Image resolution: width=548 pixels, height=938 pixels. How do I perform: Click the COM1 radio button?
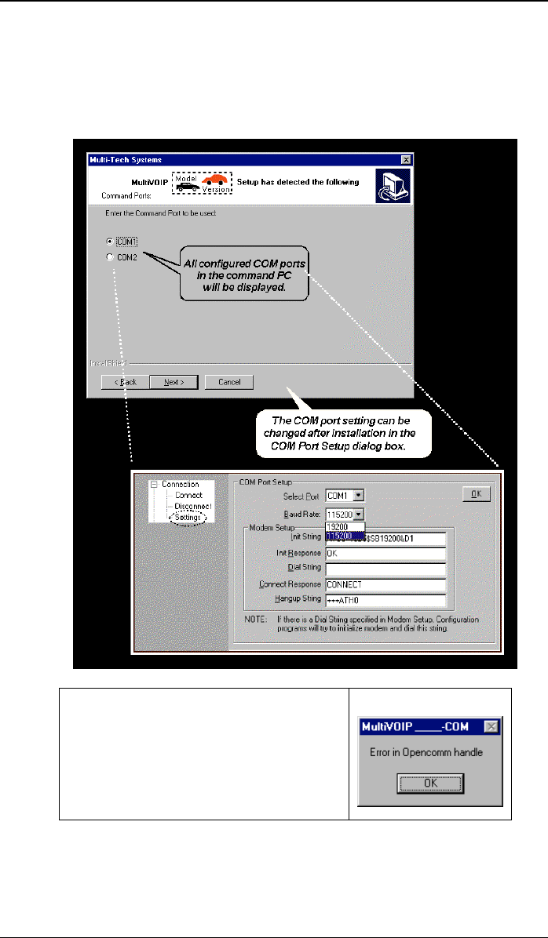pos(110,241)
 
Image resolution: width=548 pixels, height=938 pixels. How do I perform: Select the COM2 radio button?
pos(110,256)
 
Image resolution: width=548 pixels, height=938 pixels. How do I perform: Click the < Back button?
pos(125,382)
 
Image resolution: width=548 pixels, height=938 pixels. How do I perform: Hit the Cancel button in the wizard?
pos(228,382)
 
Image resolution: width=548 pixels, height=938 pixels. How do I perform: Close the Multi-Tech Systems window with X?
pos(405,159)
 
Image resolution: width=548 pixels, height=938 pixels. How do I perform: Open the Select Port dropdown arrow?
pos(358,496)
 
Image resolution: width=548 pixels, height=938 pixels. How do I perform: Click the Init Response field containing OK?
pos(385,553)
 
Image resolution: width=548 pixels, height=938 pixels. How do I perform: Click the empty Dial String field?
pos(385,569)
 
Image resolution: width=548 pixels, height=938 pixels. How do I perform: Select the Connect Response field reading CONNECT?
pos(385,584)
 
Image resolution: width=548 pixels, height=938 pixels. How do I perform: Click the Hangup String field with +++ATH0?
pos(385,600)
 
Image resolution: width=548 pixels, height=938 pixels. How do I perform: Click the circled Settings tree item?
pos(188,517)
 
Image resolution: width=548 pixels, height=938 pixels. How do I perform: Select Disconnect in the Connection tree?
pos(193,506)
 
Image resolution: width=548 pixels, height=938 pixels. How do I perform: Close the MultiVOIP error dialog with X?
pos(491,727)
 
